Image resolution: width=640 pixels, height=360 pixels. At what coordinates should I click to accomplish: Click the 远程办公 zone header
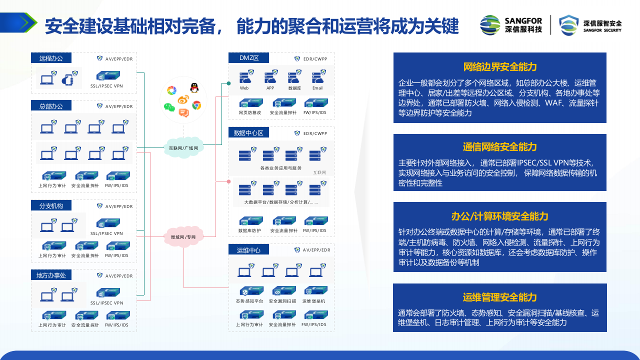[x=51, y=58]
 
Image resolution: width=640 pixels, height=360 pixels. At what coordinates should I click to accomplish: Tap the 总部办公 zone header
[x=51, y=105]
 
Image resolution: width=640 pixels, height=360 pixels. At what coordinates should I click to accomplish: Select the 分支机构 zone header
[x=51, y=205]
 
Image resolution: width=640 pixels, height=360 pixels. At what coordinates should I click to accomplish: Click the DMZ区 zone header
[x=248, y=58]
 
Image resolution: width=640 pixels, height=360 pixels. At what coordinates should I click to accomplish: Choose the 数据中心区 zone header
[x=248, y=132]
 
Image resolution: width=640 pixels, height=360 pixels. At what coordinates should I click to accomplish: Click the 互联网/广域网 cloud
[x=183, y=147]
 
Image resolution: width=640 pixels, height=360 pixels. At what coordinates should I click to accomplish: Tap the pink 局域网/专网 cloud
[x=183, y=236]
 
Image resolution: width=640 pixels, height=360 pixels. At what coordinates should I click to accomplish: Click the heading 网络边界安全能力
[x=499, y=67]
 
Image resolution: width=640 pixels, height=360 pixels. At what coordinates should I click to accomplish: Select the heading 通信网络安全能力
[x=499, y=146]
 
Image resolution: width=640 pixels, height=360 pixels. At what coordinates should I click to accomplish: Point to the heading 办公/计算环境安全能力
[x=499, y=216]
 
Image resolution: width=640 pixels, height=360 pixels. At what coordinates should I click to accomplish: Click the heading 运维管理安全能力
[x=499, y=297]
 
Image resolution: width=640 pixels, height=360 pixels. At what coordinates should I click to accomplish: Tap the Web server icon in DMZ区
[x=245, y=77]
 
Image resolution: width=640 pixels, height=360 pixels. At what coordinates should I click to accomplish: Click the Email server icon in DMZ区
[x=318, y=77]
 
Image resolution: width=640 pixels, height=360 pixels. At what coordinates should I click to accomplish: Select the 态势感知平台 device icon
[x=250, y=291]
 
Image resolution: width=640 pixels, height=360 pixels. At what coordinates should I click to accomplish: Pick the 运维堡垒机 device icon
[x=314, y=291]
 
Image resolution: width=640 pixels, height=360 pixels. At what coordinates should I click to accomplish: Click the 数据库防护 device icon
[x=250, y=221]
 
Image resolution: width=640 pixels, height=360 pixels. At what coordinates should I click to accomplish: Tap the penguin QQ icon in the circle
[x=194, y=88]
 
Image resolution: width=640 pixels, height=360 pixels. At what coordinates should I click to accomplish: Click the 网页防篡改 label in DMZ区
[x=250, y=112]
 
